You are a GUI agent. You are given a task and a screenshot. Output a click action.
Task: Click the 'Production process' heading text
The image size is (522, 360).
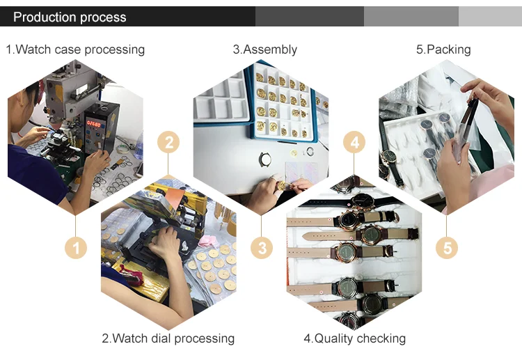pyautogui.click(x=70, y=17)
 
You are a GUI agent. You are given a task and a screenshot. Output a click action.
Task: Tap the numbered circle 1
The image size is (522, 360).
pyautogui.click(x=76, y=247)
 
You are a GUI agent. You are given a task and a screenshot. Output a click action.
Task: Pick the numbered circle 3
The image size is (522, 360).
pyautogui.click(x=261, y=247)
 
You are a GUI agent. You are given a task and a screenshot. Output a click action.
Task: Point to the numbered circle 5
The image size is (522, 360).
pyautogui.click(x=446, y=247)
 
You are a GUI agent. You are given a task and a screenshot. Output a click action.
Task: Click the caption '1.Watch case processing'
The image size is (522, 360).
pyautogui.click(x=75, y=49)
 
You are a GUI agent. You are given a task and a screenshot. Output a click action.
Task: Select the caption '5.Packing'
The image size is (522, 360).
pyautogui.click(x=443, y=49)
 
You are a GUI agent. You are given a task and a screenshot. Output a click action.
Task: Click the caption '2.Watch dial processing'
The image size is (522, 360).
pyautogui.click(x=168, y=338)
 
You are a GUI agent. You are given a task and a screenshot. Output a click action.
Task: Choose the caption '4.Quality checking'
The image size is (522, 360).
pyautogui.click(x=354, y=338)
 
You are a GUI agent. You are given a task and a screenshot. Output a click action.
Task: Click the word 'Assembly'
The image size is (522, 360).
pyautogui.click(x=270, y=49)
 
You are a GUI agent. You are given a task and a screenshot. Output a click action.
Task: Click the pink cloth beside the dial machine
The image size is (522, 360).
pyautogui.click(x=207, y=240)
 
